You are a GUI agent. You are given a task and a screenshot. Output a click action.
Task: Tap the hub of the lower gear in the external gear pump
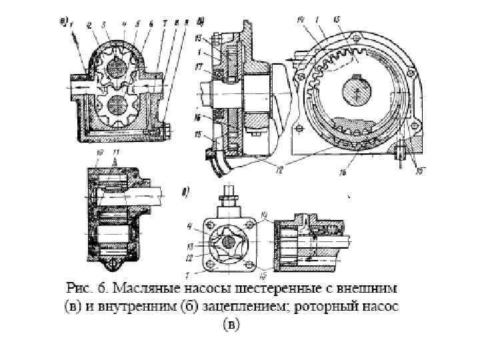point(117,105)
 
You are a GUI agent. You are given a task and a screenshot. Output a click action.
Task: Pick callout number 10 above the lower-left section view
point(99,153)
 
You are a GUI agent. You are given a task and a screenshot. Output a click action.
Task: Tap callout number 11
point(117,153)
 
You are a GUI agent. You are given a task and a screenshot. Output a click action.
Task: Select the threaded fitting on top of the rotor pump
point(228,196)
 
